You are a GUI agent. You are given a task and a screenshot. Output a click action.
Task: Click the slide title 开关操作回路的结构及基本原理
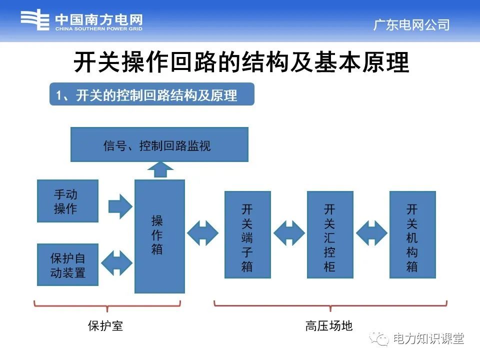click(x=241, y=62)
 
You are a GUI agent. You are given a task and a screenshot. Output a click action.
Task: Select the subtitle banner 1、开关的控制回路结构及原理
click(x=151, y=94)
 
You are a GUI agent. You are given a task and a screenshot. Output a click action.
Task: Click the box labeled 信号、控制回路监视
click(x=159, y=144)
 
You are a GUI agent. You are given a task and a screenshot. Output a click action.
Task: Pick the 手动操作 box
click(x=67, y=201)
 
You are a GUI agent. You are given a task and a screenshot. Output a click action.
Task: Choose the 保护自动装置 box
click(x=67, y=265)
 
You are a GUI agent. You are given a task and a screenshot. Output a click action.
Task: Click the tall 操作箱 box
click(x=159, y=236)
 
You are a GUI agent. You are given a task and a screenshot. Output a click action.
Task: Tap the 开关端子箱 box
click(x=247, y=234)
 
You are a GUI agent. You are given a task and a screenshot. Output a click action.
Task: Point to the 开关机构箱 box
click(x=412, y=234)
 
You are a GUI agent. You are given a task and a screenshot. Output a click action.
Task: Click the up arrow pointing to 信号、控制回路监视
click(x=159, y=170)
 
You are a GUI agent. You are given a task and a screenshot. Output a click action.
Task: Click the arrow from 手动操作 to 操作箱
click(x=119, y=205)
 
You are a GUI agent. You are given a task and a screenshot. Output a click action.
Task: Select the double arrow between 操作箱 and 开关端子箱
click(x=203, y=233)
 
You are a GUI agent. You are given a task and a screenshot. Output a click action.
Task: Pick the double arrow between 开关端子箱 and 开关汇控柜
click(x=289, y=233)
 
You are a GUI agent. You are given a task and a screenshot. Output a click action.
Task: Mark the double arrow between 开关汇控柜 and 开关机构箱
click(x=371, y=233)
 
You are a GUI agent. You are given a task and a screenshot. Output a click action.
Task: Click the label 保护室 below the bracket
click(x=105, y=326)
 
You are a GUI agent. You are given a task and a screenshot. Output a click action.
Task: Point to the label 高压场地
click(x=329, y=326)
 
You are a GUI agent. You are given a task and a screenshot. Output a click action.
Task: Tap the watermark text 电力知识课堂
click(x=428, y=339)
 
